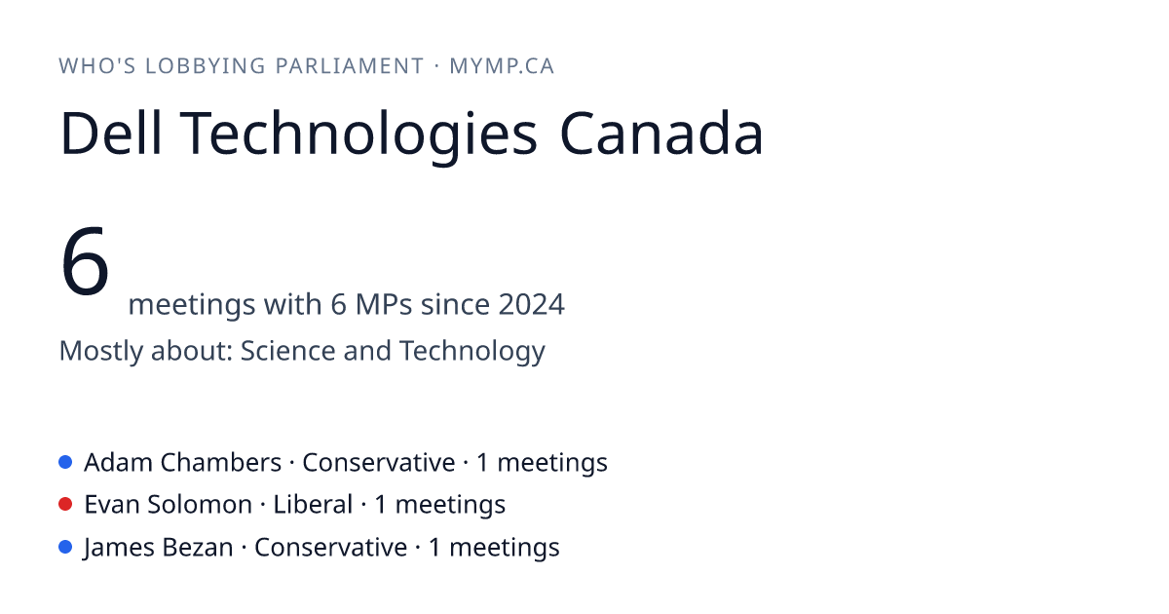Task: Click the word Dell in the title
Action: [111, 133]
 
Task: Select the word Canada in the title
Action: [661, 133]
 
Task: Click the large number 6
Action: [85, 260]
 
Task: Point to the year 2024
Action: [531, 304]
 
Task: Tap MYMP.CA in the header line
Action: [502, 66]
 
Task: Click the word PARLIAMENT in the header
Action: [350, 66]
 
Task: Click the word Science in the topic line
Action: [287, 350]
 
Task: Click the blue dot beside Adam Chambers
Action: [65, 462]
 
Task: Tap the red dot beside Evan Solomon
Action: [65, 505]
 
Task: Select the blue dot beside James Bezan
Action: [65, 547]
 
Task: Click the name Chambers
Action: [221, 462]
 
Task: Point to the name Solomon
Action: [200, 505]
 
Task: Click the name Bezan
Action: [197, 547]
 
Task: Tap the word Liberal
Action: [313, 505]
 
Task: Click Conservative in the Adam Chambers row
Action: [378, 462]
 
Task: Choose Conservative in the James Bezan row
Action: [330, 547]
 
